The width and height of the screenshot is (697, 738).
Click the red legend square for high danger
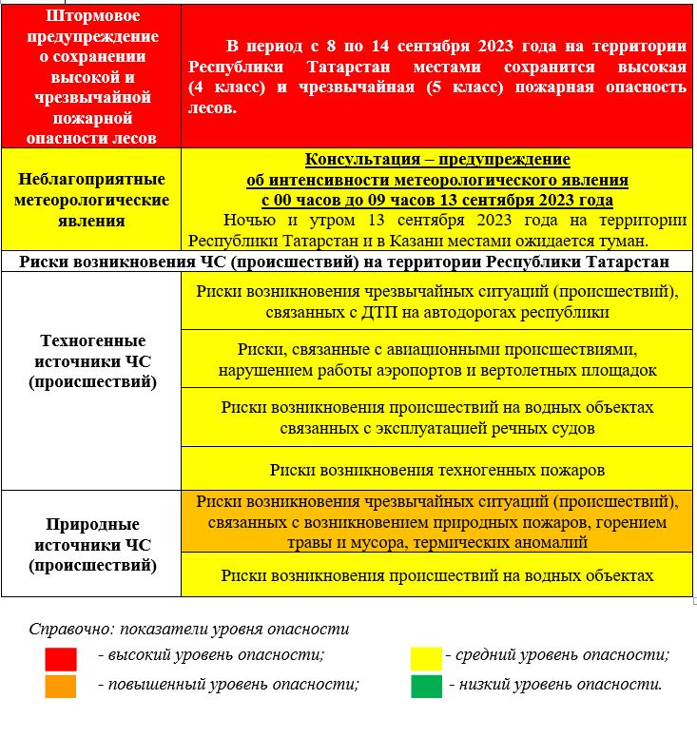[61, 659]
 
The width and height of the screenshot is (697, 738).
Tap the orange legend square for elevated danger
[61, 686]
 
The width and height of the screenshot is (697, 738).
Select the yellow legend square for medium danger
[426, 658]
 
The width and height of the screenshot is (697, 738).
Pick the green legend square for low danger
[426, 686]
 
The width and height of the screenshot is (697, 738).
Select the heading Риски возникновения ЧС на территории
[348, 262]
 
